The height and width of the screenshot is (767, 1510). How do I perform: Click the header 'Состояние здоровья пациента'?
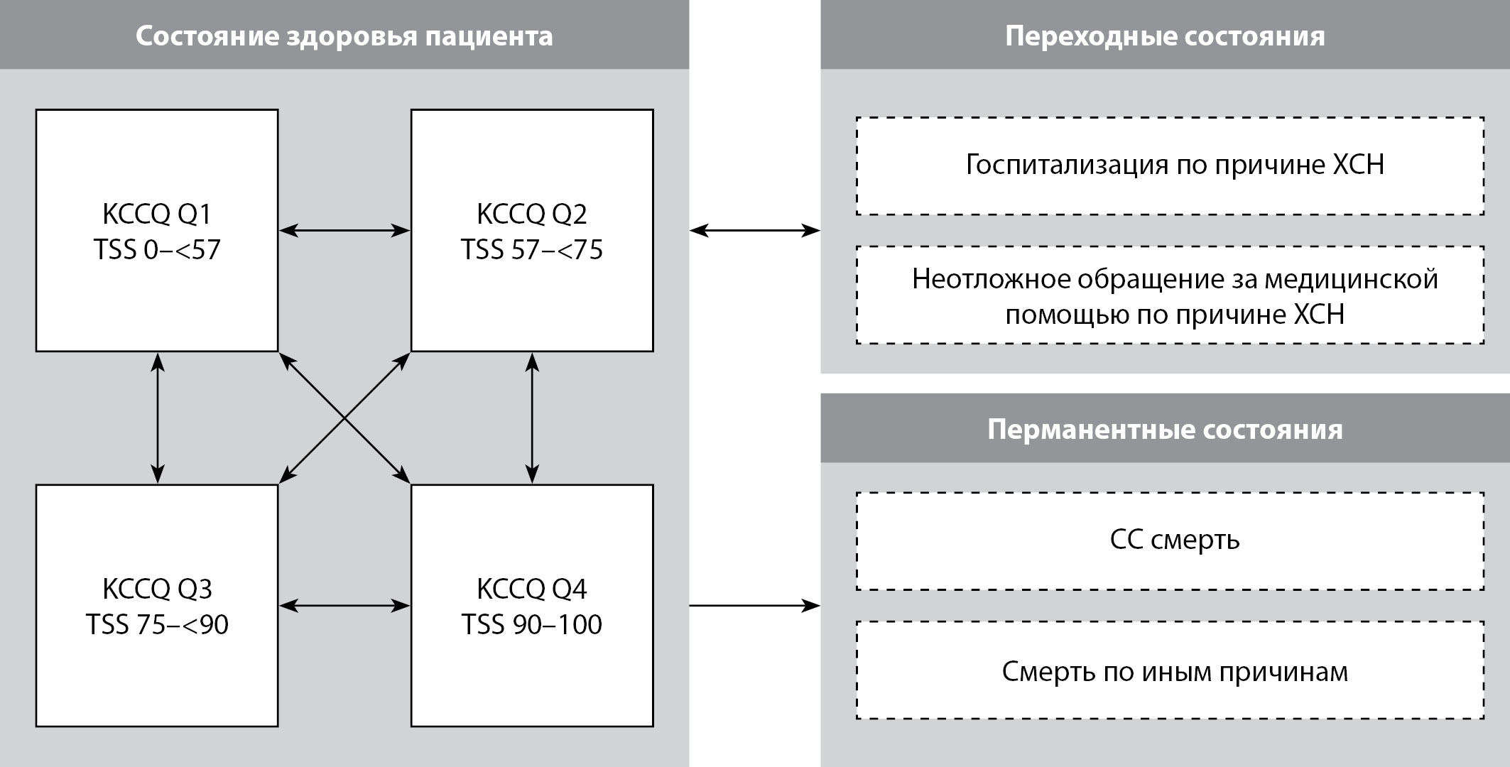pyautogui.click(x=344, y=36)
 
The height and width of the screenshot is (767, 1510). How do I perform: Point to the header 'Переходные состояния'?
pyautogui.click(x=1165, y=36)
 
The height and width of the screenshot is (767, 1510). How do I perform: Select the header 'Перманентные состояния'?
pyautogui.click(x=1165, y=429)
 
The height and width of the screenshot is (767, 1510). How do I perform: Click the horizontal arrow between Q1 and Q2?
pyautogui.click(x=344, y=230)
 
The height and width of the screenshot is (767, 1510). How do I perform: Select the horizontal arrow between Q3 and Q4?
pyautogui.click(x=344, y=606)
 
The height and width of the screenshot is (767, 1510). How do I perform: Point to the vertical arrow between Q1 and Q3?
pyautogui.click(x=158, y=418)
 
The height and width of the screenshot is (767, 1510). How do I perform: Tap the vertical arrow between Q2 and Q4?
pyautogui.click(x=532, y=418)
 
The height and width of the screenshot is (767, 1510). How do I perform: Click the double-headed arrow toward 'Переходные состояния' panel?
pyautogui.click(x=755, y=230)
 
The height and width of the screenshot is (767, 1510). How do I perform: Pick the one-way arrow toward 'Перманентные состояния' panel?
pyautogui.click(x=755, y=606)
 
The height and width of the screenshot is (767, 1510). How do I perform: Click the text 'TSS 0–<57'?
pyautogui.click(x=157, y=250)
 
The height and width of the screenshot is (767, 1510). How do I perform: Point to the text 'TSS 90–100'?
pyautogui.click(x=532, y=625)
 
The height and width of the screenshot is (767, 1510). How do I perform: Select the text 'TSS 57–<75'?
pyautogui.click(x=532, y=250)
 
